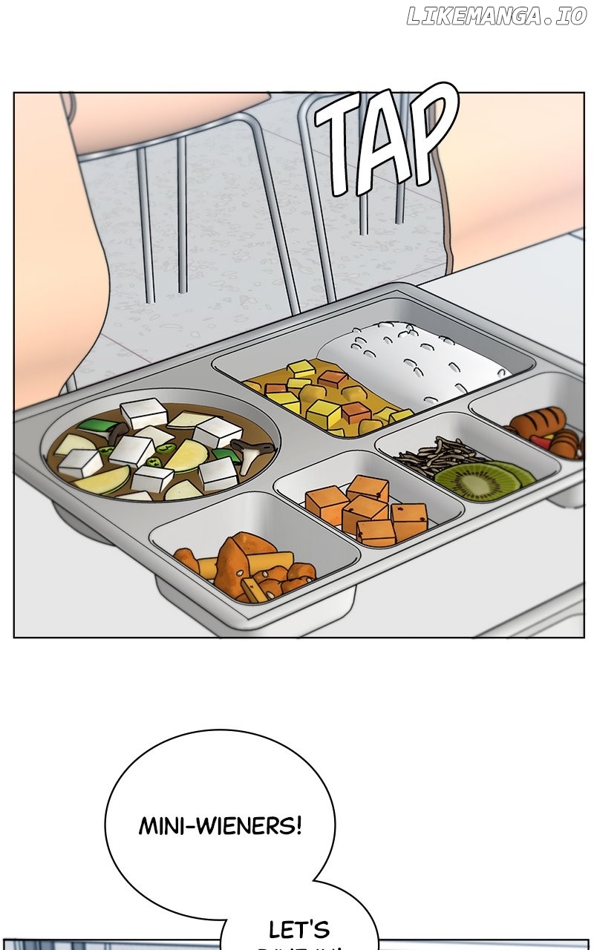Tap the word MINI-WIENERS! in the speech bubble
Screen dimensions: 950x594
(x=220, y=825)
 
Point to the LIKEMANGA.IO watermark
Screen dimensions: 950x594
(x=496, y=17)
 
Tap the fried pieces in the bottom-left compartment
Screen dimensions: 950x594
(x=245, y=568)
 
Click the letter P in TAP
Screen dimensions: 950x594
(x=431, y=137)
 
